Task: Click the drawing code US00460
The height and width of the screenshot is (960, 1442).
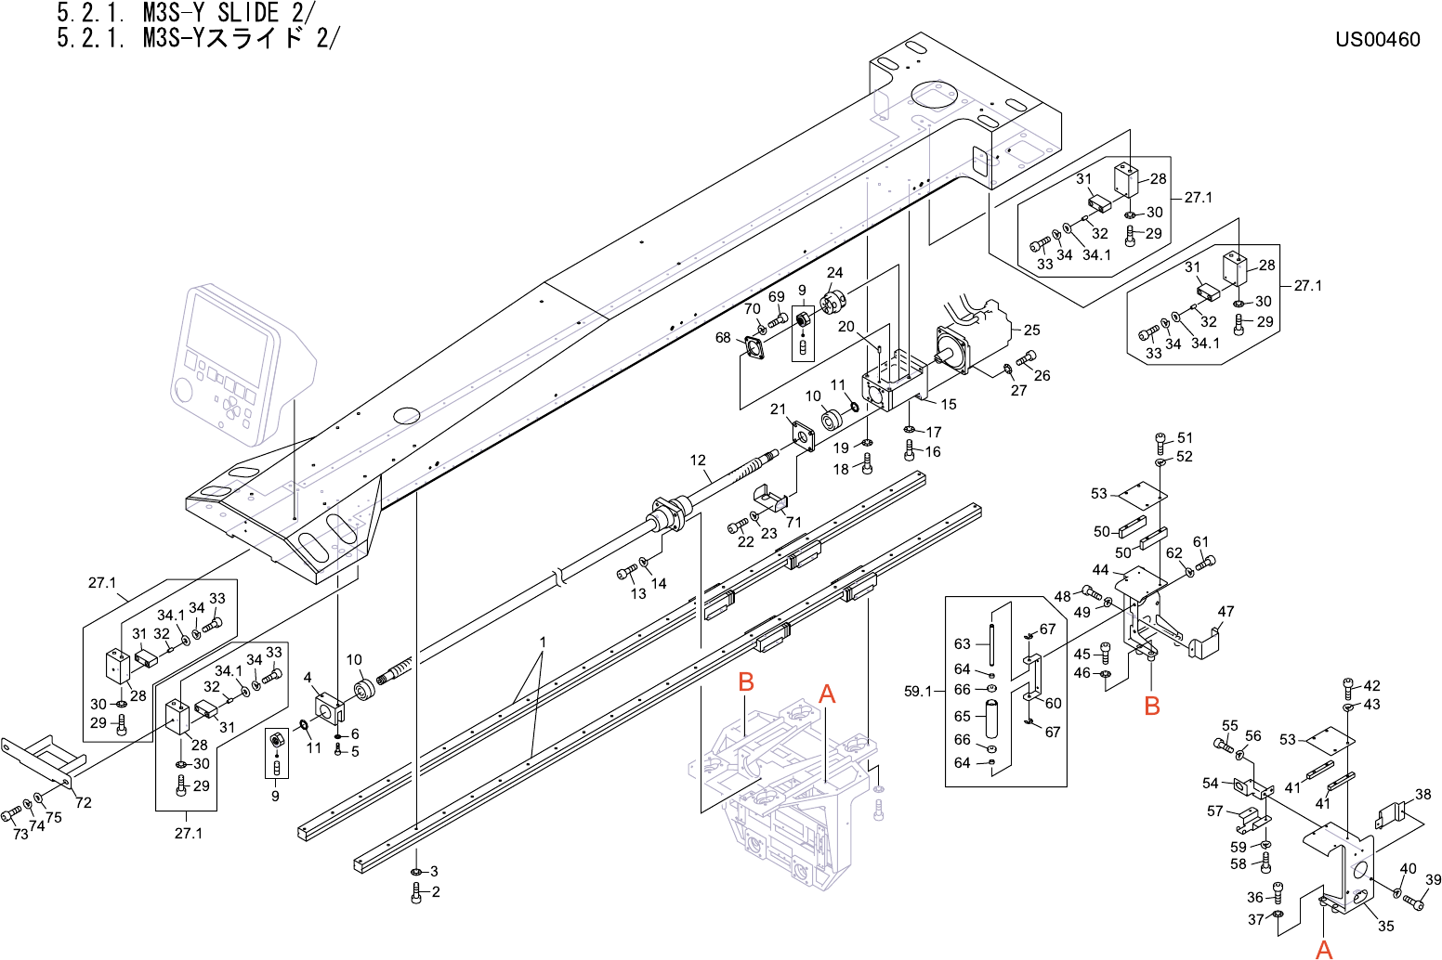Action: pyautogui.click(x=1378, y=39)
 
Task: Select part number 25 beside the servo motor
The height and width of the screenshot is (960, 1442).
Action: pyautogui.click(x=1031, y=330)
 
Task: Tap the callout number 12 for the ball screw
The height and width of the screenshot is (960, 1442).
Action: pyautogui.click(x=698, y=460)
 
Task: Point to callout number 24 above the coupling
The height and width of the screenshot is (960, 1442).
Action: pyautogui.click(x=834, y=272)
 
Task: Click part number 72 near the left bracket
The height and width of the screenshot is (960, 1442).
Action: pyautogui.click(x=84, y=802)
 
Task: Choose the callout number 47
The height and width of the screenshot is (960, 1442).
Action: pyautogui.click(x=1226, y=611)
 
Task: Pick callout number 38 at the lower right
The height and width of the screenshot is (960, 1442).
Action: pyautogui.click(x=1422, y=794)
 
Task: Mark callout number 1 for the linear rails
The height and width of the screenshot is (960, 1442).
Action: pyautogui.click(x=543, y=642)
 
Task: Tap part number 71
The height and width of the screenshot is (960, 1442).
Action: pyautogui.click(x=793, y=522)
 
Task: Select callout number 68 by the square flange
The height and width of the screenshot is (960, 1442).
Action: pyautogui.click(x=723, y=338)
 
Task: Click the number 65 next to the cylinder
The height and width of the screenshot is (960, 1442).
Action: pyautogui.click(x=962, y=716)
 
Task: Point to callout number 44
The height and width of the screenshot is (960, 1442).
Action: pyautogui.click(x=1100, y=570)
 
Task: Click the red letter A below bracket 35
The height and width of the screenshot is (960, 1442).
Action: pyautogui.click(x=1325, y=949)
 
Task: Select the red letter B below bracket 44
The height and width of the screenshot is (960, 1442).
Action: pyautogui.click(x=1152, y=706)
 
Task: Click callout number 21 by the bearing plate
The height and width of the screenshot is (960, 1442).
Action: pyautogui.click(x=778, y=409)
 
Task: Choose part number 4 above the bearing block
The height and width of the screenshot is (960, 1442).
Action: pyautogui.click(x=308, y=678)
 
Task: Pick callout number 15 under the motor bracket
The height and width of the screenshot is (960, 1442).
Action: pyautogui.click(x=948, y=404)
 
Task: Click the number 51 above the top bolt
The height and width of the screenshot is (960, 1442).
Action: pyautogui.click(x=1185, y=437)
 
